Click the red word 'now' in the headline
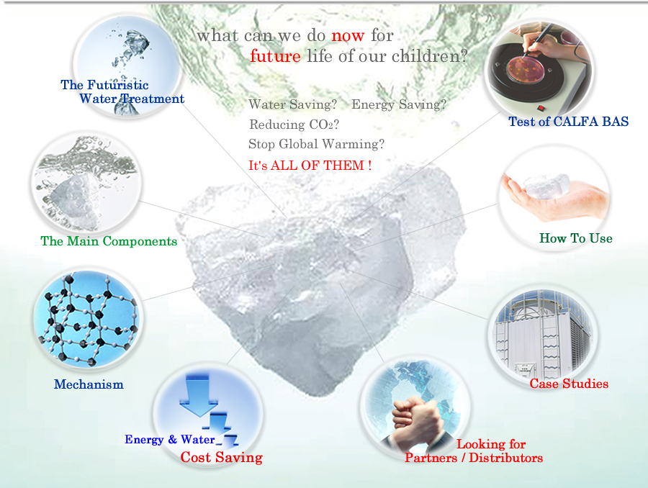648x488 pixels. [348, 37]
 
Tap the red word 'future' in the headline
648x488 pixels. [275, 56]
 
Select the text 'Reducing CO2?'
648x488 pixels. [294, 125]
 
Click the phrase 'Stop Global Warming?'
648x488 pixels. [316, 144]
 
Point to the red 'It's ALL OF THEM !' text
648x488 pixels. [310, 166]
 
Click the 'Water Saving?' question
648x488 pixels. [292, 104]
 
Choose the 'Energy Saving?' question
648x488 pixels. [399, 104]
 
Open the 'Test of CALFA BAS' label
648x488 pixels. [569, 122]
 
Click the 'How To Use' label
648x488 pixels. [576, 238]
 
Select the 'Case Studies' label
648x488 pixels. [569, 384]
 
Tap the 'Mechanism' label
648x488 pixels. [89, 384]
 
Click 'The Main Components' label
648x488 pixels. [109, 241]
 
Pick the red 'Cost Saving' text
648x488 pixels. [222, 457]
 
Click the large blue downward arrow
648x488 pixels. [199, 394]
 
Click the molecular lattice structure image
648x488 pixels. [88, 319]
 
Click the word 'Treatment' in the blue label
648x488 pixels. [152, 99]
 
